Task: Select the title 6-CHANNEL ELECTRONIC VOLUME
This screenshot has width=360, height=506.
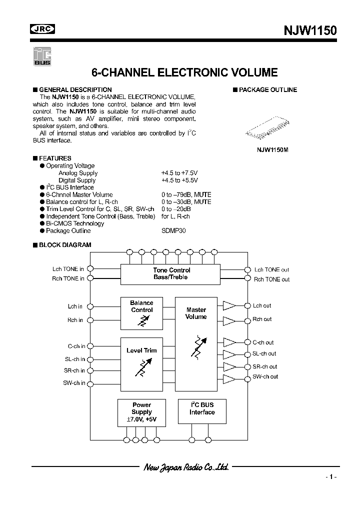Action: point(185,72)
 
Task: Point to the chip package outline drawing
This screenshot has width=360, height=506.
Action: point(269,128)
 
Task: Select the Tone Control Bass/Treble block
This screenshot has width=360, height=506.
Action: point(171,274)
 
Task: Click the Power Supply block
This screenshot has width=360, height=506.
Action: point(141,412)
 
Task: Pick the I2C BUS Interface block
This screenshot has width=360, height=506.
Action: point(202,412)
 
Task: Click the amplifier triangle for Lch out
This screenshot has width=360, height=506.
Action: point(229,305)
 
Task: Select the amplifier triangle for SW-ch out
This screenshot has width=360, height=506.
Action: point(229,377)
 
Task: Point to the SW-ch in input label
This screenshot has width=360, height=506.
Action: point(73,383)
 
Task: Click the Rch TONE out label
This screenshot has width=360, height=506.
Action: point(271,279)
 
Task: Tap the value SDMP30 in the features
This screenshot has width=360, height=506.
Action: point(172,231)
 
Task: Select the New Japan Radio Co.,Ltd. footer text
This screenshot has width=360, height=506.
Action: point(186,467)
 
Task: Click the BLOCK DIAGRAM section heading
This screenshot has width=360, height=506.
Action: point(65,245)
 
